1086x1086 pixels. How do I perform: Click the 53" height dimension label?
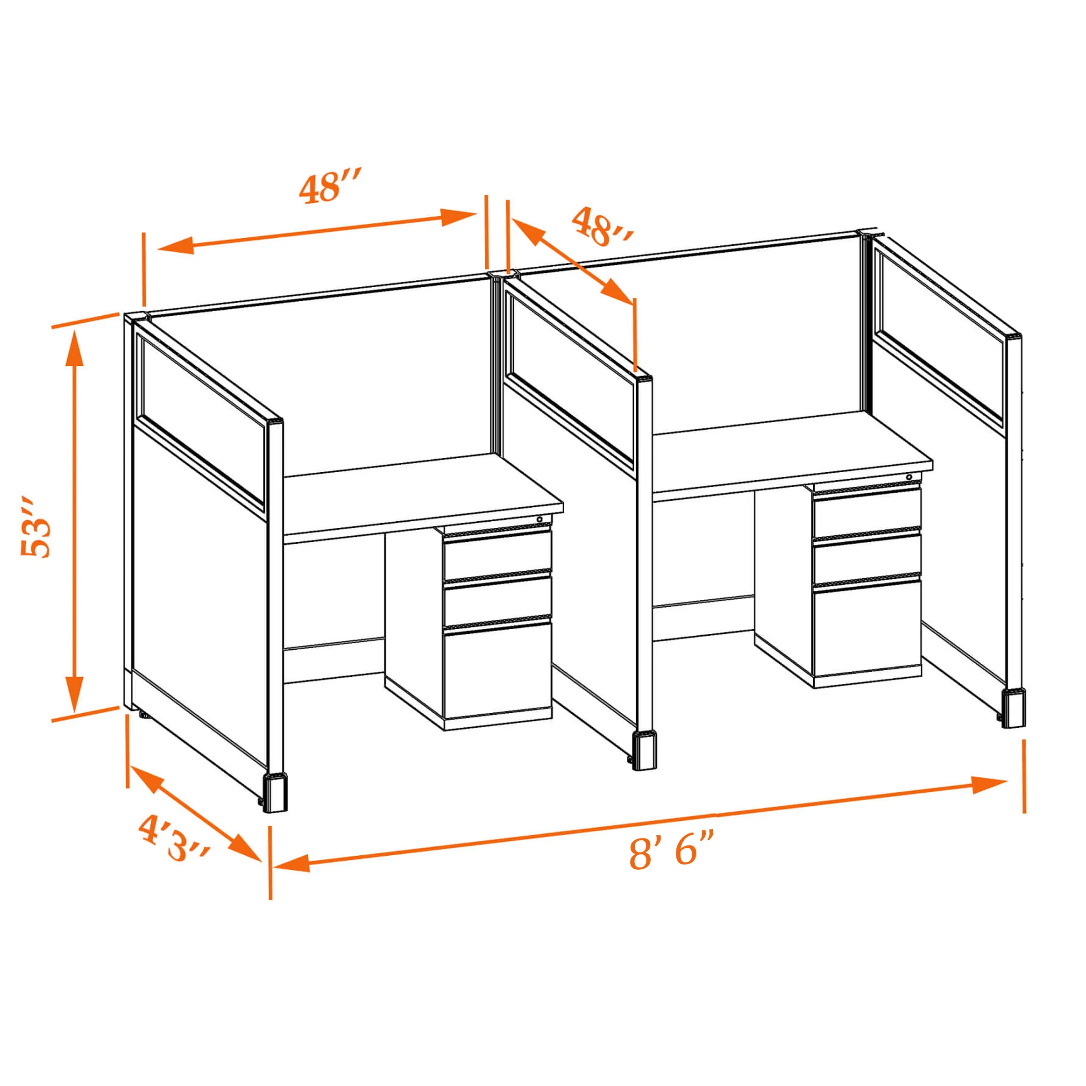[35, 527]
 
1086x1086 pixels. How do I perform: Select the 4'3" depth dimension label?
[174, 838]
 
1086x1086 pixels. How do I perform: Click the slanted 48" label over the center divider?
[603, 227]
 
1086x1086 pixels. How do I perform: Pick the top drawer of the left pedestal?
[497, 555]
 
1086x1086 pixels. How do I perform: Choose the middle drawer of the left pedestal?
[497, 601]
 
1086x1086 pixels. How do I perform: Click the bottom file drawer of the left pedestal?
[497, 669]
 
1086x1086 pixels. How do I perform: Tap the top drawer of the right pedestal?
[866, 512]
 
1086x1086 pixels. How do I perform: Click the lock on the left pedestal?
[539, 519]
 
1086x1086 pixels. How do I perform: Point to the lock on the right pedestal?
[909, 477]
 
